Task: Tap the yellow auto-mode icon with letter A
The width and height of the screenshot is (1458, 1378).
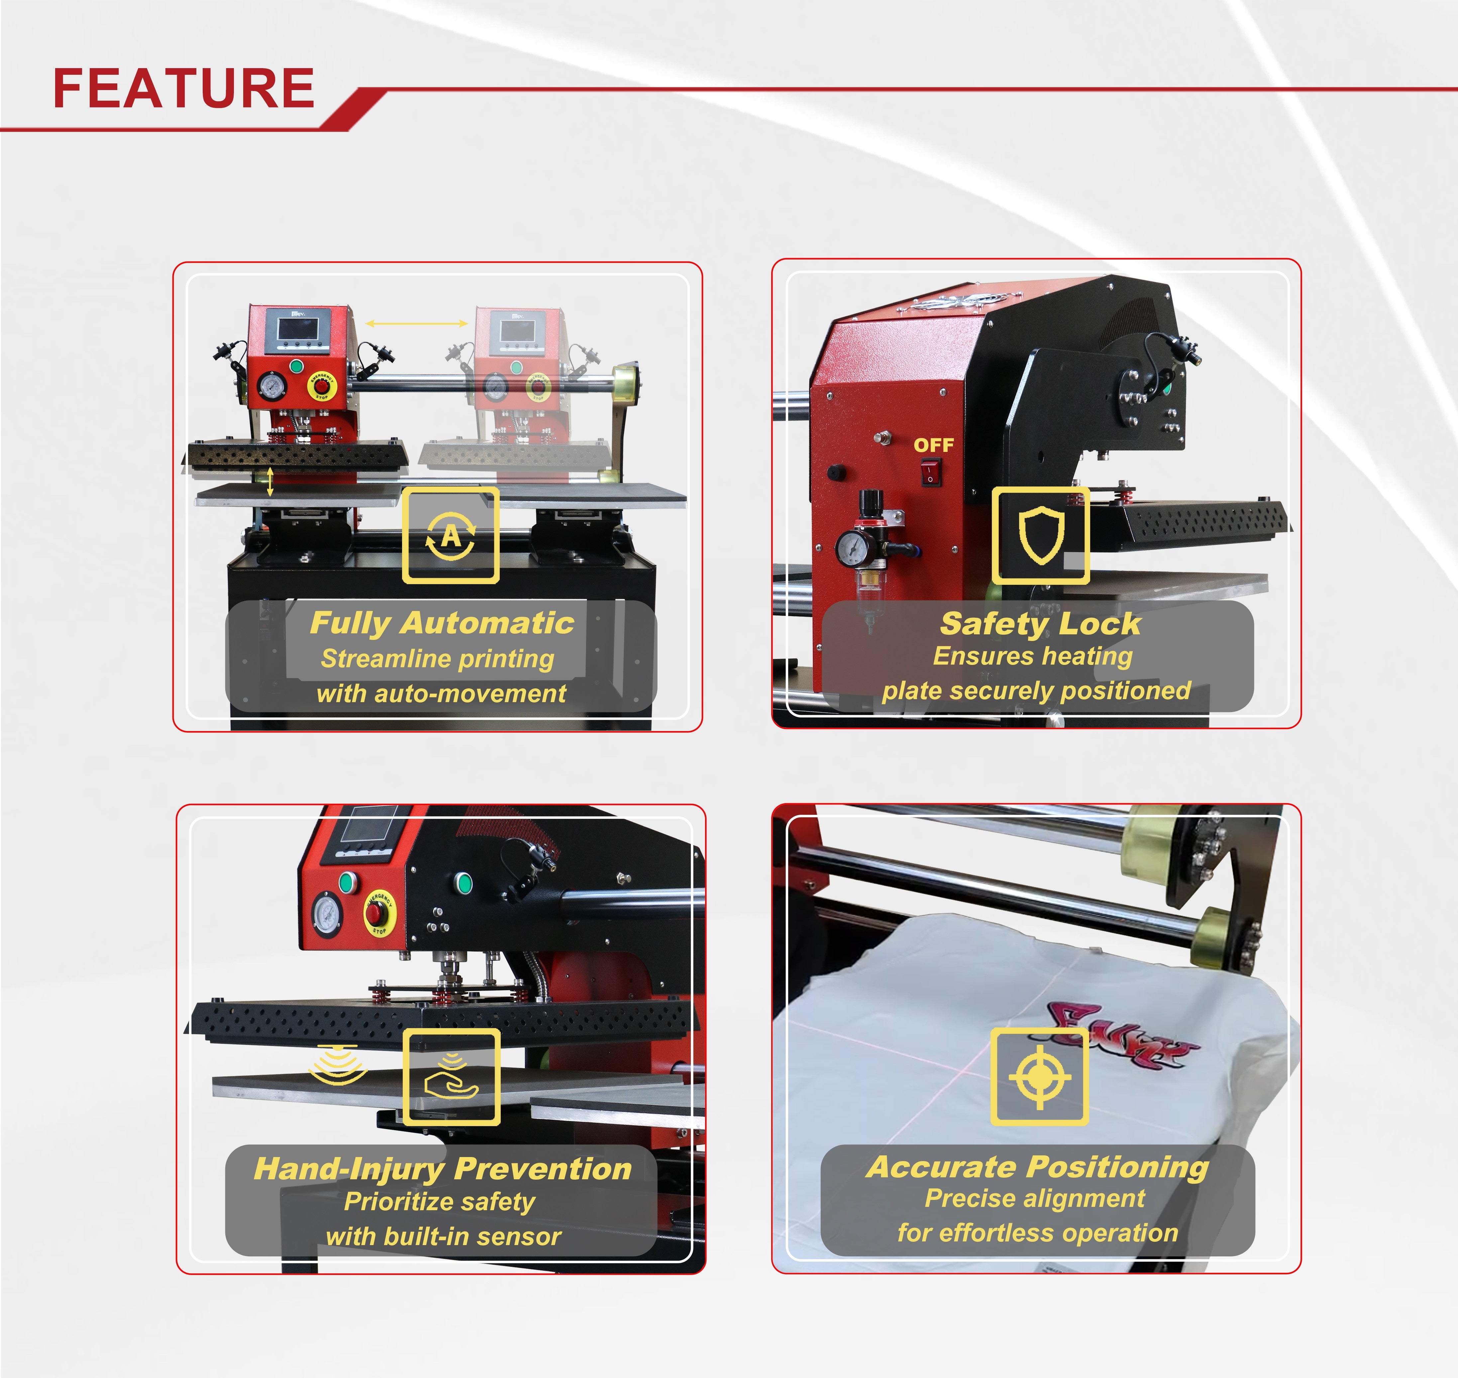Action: pos(450,535)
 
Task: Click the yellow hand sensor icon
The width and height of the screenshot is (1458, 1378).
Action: pos(451,1077)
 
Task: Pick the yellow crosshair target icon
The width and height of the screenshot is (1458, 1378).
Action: pos(1039,1077)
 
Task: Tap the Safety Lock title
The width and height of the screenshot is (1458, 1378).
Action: pos(1040,624)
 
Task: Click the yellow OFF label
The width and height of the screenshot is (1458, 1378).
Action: pos(933,445)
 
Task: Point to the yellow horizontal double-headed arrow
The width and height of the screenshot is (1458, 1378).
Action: pos(416,323)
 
